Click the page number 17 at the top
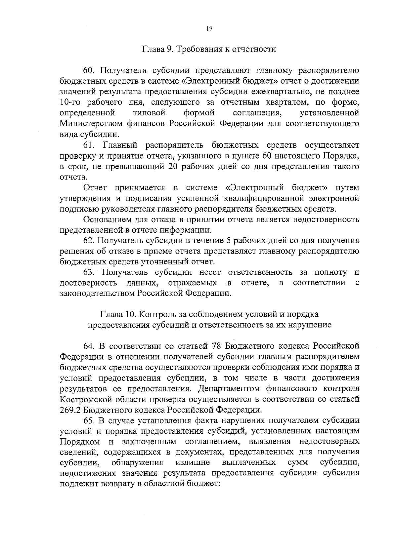pyautogui.click(x=209, y=29)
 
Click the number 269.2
pyautogui.click(x=70, y=410)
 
